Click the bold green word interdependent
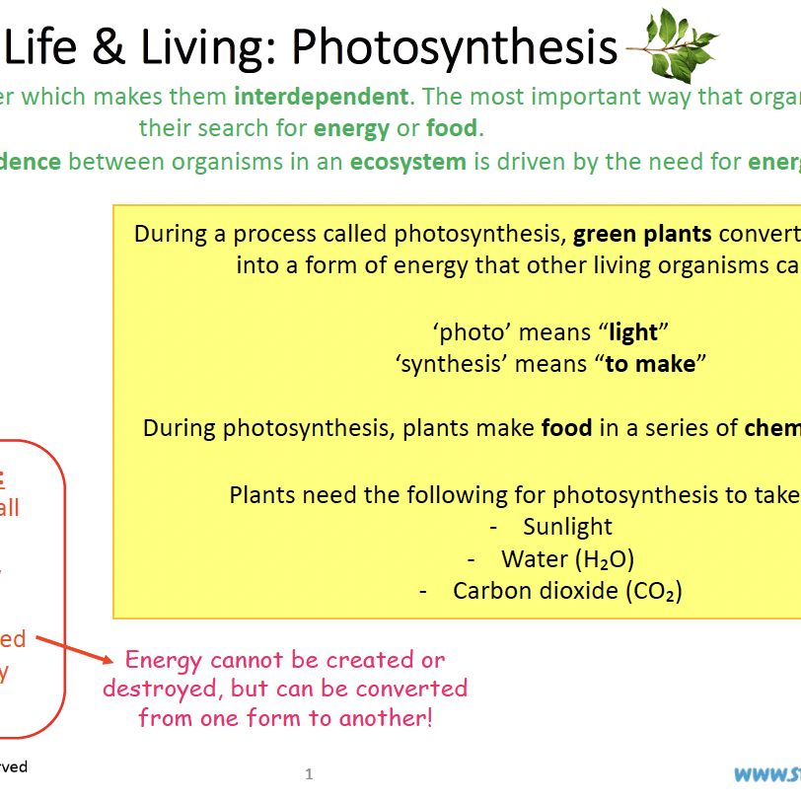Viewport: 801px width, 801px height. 321,97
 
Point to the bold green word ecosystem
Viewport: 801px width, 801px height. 407,162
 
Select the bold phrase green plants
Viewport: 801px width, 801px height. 642,235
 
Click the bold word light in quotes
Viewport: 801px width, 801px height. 632,332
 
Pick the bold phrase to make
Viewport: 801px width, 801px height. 650,363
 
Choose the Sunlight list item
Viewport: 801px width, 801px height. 567,527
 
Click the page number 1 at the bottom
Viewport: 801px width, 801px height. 309,774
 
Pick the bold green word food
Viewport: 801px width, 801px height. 451,128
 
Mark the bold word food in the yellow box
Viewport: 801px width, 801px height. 567,428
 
